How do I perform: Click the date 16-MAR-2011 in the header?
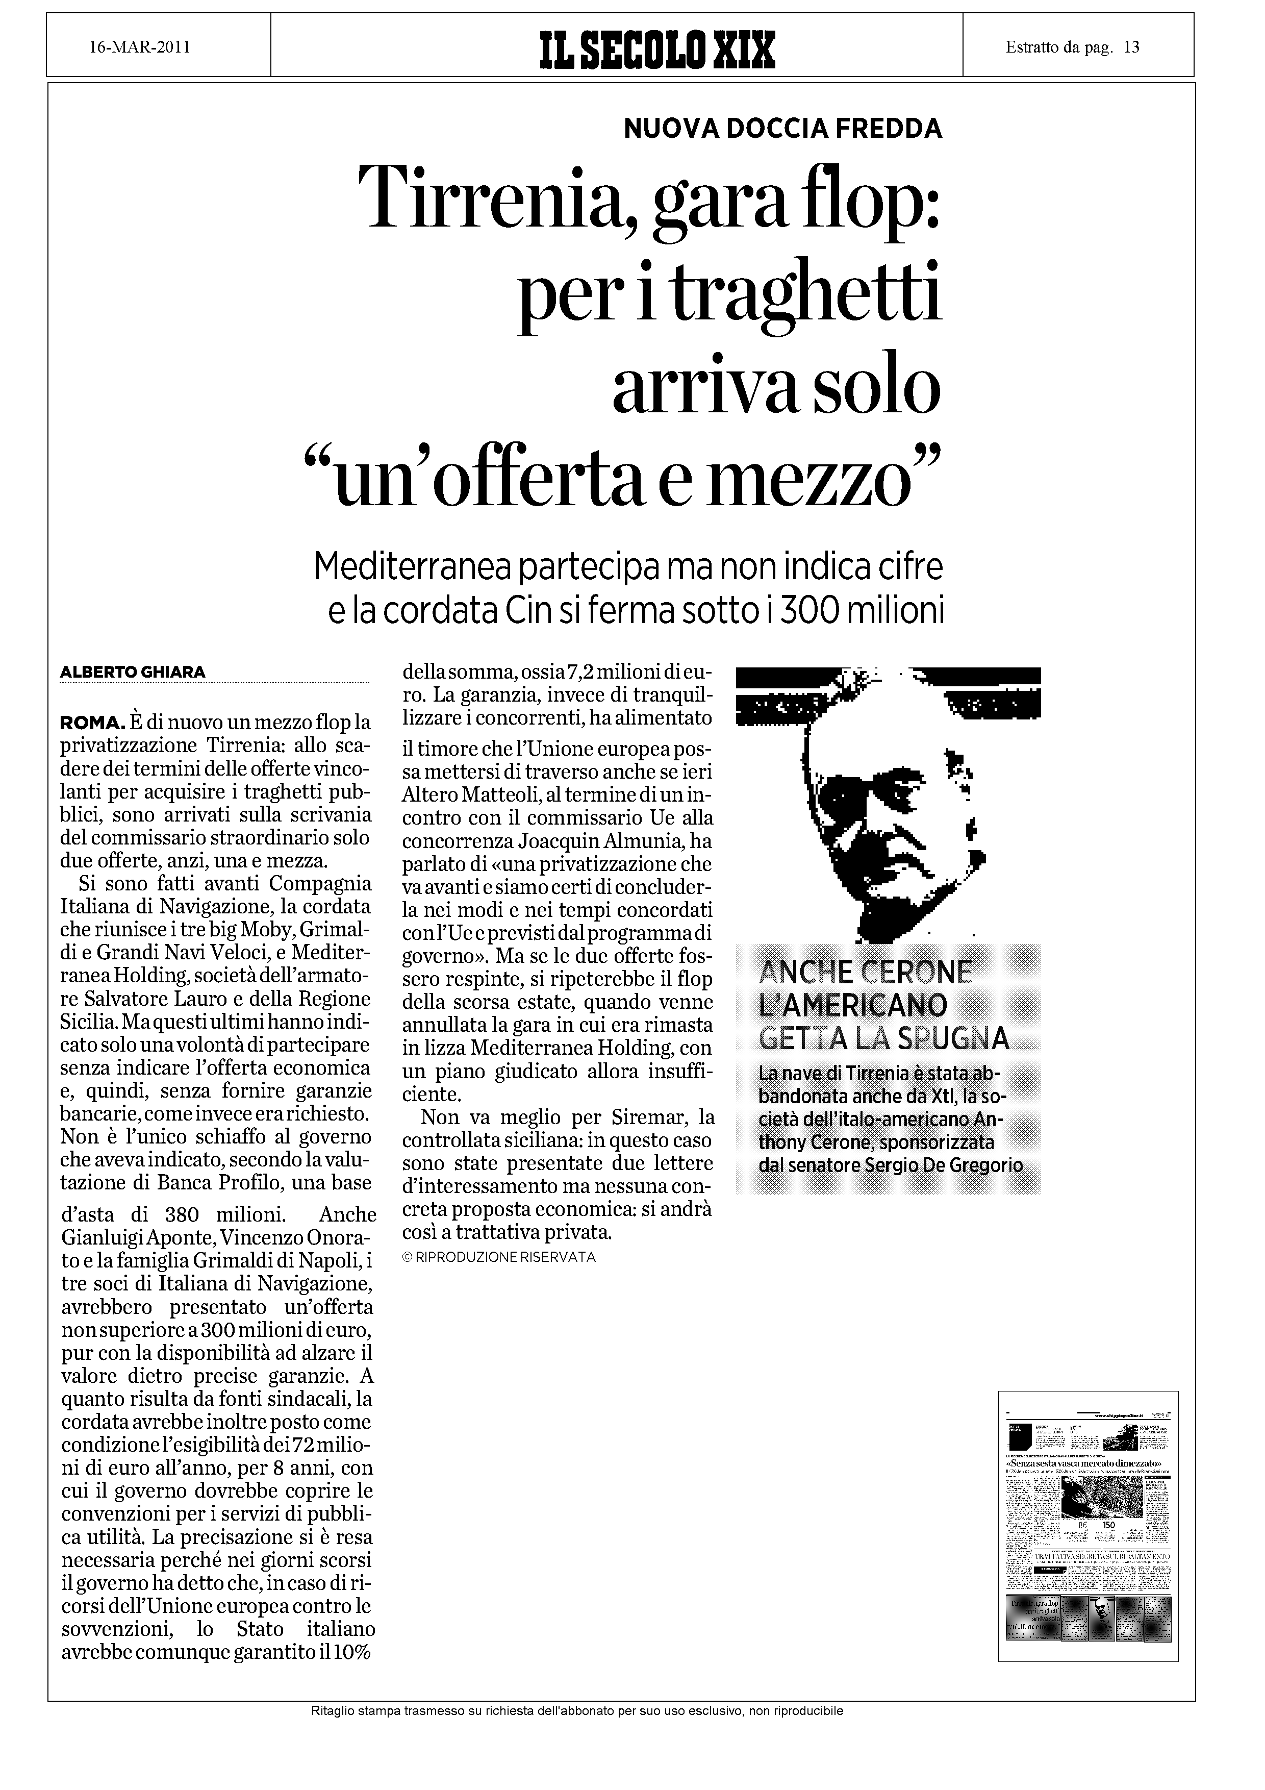point(140,47)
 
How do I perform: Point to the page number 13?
point(1132,47)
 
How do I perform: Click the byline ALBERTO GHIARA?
point(133,672)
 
